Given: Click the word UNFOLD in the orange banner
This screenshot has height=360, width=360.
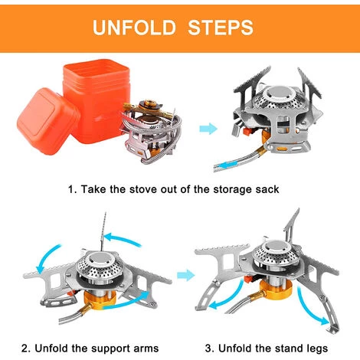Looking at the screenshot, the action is (134, 27).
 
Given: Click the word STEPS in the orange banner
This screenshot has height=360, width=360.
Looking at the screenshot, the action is (221, 27).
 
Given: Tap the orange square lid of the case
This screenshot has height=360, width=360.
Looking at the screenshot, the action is (47, 121).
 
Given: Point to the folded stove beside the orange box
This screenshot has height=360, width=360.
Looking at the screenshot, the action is (151, 132).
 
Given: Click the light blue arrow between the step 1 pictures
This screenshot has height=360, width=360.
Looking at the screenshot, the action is (208, 128).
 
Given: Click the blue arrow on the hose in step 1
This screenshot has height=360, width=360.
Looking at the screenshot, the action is (227, 165).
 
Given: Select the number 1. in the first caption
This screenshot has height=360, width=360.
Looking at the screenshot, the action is (73, 189).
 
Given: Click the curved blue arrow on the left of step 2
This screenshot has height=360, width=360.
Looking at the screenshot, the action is (47, 258).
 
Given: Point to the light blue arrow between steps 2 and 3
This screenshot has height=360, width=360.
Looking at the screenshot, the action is (186, 275).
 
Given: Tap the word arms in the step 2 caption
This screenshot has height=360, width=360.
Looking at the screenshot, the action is (146, 349).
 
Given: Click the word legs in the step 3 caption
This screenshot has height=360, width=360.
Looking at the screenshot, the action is (316, 349).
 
